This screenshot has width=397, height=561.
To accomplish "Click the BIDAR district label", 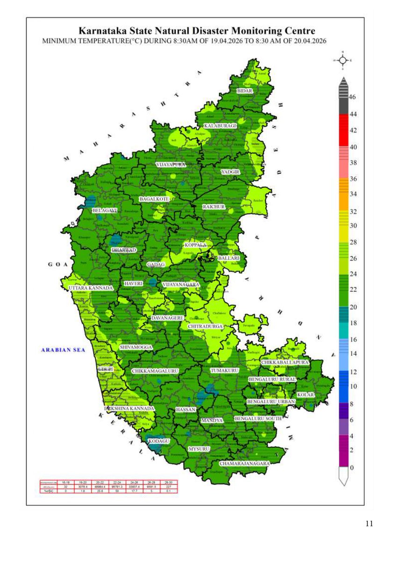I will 245,91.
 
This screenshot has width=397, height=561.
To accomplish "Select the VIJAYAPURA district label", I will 171,165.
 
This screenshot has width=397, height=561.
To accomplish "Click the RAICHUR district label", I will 214,207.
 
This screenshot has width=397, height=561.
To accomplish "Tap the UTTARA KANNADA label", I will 91,288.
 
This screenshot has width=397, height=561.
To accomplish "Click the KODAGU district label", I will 159,441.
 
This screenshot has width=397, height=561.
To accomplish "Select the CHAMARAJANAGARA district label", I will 245,464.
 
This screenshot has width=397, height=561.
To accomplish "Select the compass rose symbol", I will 343,60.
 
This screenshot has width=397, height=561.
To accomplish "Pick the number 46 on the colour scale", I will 352,97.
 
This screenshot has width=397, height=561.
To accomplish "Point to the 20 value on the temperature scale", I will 352,307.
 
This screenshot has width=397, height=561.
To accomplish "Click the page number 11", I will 369,524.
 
